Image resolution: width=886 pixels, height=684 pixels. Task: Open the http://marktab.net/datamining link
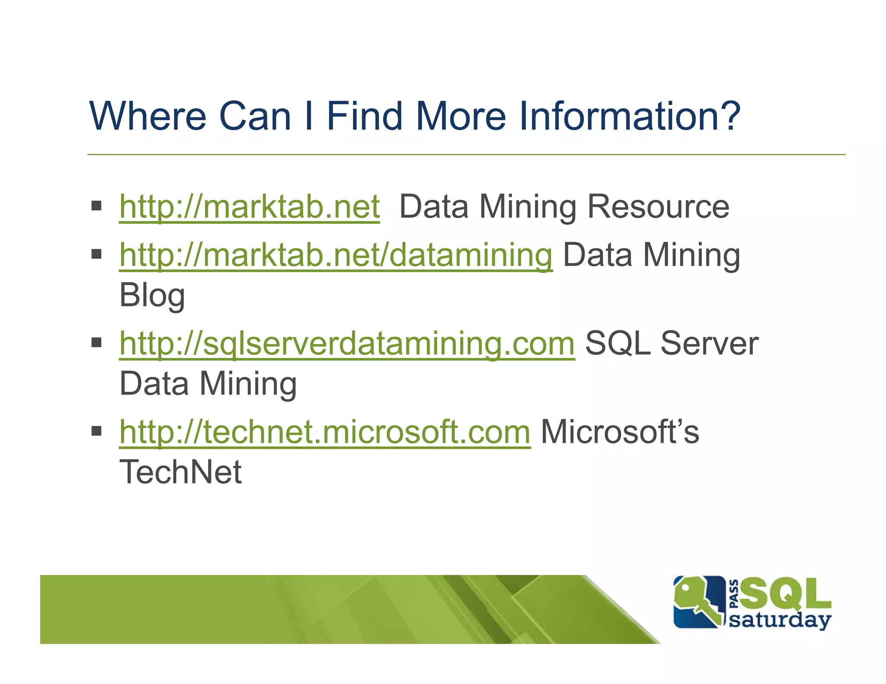[x=336, y=255]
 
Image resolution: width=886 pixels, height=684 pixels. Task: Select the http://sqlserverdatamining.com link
[x=347, y=343]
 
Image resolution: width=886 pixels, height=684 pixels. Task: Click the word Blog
[x=152, y=296]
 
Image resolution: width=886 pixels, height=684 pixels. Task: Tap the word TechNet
[x=180, y=472]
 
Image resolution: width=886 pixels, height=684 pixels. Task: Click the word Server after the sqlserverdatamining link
[x=709, y=343]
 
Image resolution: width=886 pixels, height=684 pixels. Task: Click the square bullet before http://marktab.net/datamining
[x=96, y=254]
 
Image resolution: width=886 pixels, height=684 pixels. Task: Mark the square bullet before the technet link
[x=96, y=431]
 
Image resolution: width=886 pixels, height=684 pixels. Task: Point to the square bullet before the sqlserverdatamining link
[x=96, y=342]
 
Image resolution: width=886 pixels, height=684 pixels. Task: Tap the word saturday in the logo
[x=780, y=620]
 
